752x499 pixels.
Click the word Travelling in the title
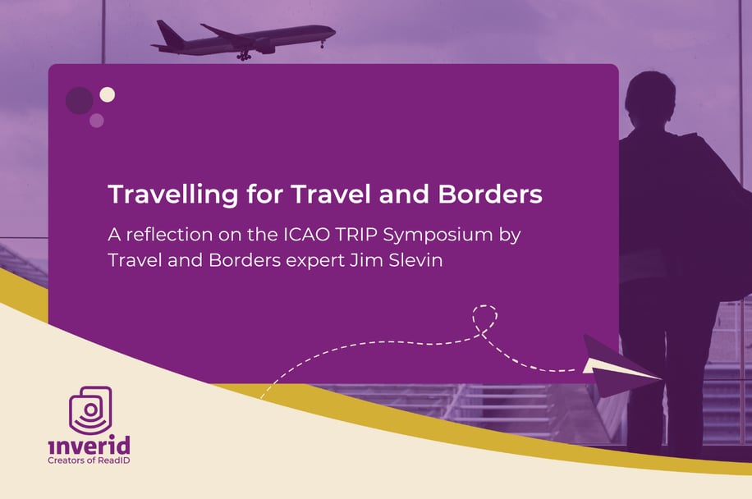(173, 195)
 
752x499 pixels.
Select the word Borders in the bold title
(489, 195)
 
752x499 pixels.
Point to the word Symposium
(438, 236)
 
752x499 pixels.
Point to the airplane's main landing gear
(244, 56)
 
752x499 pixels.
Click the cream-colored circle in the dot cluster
(107, 94)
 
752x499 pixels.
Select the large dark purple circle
(79, 101)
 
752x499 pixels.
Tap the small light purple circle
(96, 121)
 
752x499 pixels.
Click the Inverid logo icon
(90, 410)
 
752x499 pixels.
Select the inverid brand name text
(89, 445)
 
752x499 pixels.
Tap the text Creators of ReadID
(89, 460)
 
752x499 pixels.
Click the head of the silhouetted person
(650, 98)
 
